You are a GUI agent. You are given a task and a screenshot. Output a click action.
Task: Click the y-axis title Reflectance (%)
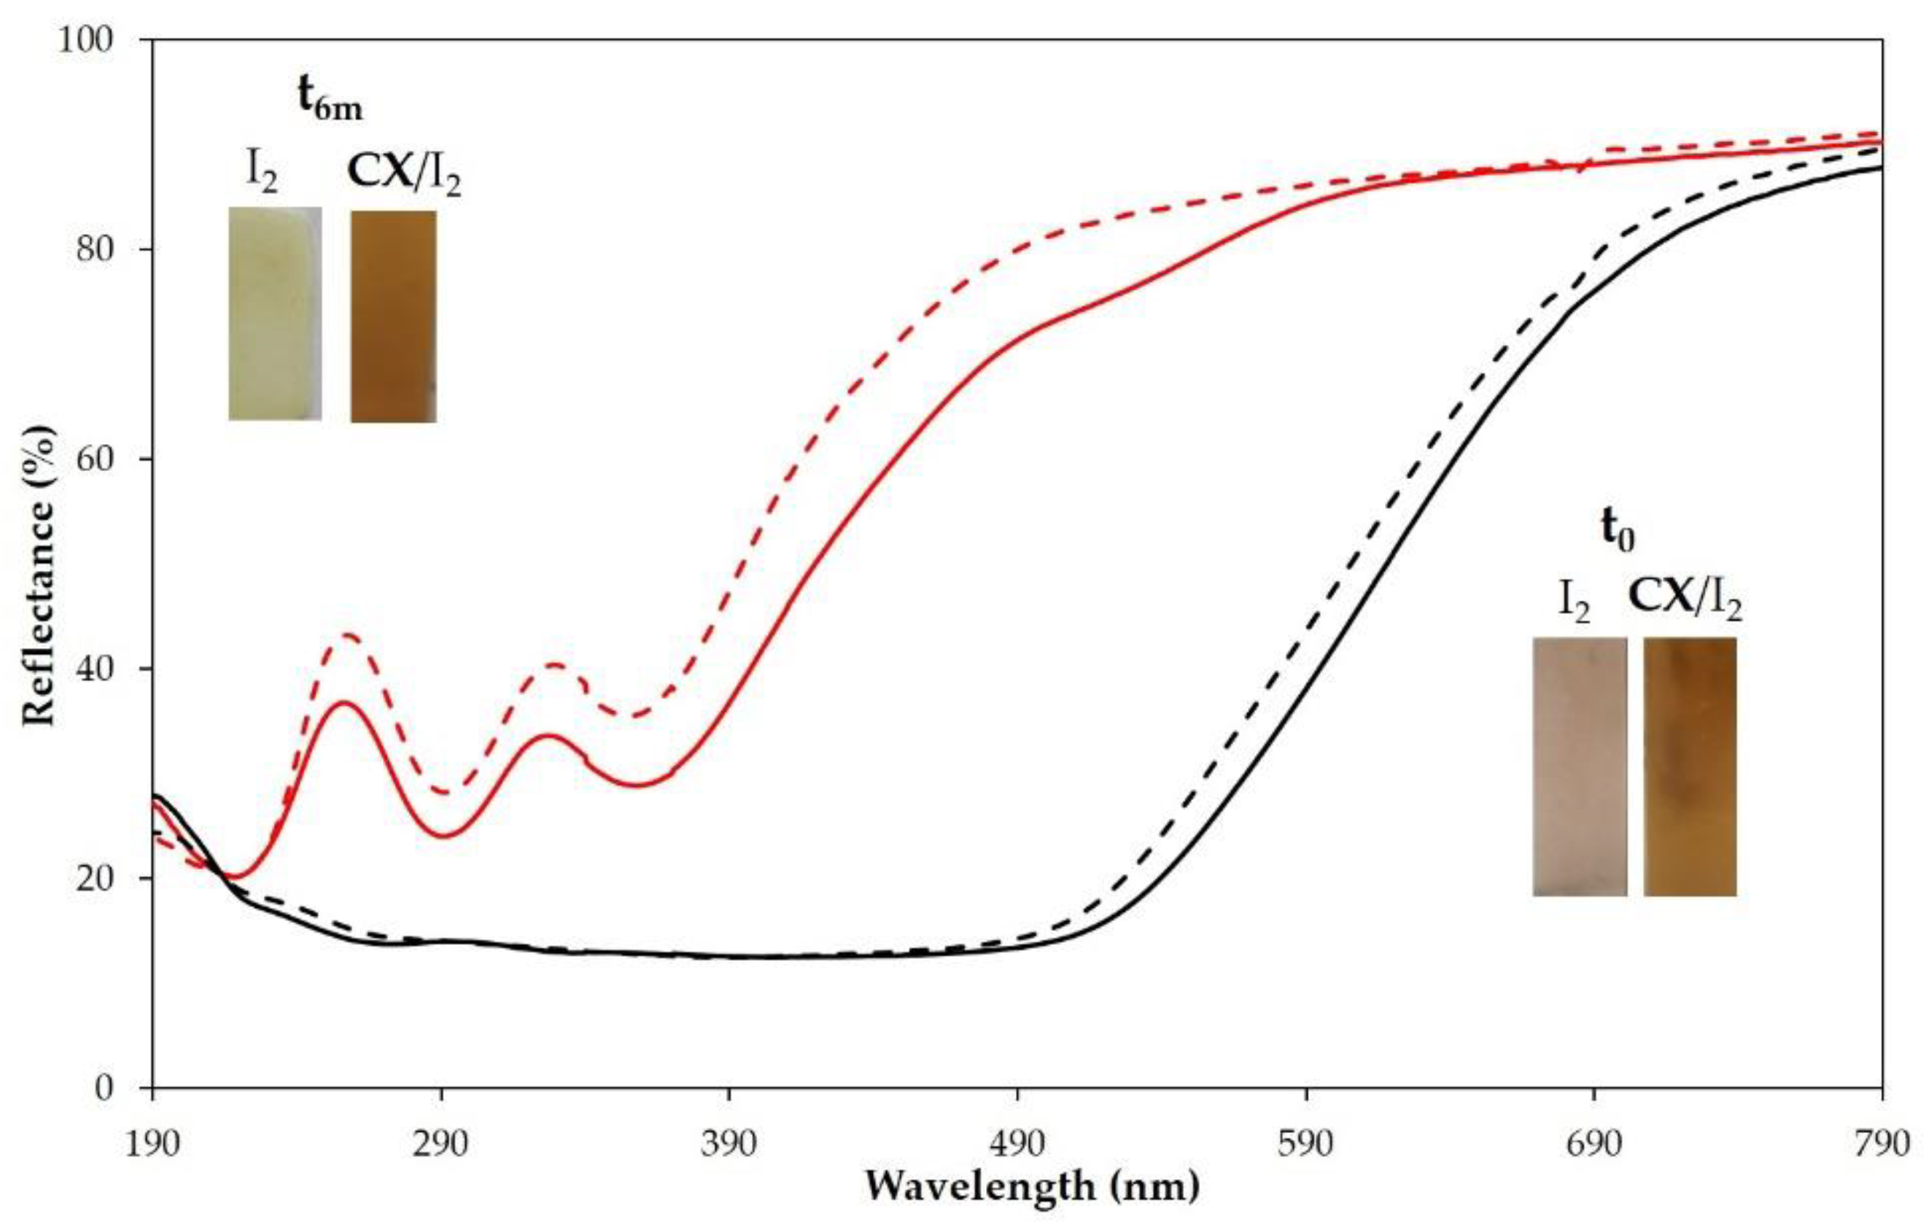(x=39, y=577)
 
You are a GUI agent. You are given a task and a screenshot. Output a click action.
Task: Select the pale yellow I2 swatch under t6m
(x=275, y=314)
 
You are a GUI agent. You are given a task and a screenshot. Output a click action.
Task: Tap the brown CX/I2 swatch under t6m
(x=393, y=316)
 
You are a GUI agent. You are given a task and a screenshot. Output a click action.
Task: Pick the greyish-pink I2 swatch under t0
(x=1580, y=766)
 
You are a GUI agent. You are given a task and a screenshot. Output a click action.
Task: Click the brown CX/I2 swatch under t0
(x=1691, y=766)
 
